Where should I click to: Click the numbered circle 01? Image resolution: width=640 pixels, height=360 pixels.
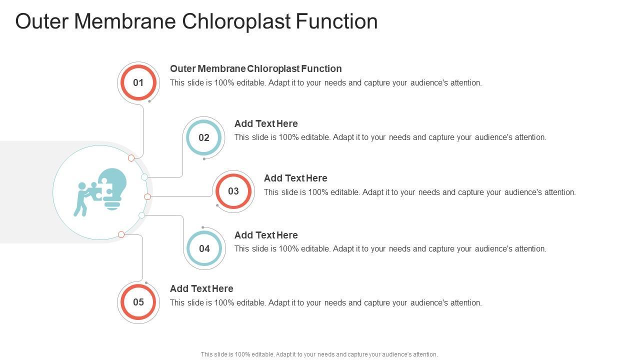[x=138, y=82]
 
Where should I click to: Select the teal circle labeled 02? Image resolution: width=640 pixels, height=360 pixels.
[x=203, y=137]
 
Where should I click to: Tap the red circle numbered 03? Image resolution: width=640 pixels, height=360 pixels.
[x=233, y=191]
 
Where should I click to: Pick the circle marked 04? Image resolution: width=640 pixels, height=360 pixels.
[x=204, y=248]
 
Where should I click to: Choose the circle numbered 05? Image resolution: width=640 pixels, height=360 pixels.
[x=138, y=302]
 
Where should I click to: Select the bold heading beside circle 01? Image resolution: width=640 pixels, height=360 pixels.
[x=255, y=68]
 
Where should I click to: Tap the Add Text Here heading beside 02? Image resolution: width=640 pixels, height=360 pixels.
[x=266, y=123]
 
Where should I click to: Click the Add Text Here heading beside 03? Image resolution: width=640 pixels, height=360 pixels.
[x=295, y=178]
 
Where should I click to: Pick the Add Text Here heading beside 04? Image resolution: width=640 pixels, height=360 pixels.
[x=266, y=235]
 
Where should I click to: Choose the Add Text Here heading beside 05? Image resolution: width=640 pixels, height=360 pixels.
[x=201, y=288]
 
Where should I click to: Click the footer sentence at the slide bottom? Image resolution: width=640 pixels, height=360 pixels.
[x=319, y=354]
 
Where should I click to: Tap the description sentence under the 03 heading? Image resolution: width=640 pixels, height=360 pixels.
[x=419, y=192]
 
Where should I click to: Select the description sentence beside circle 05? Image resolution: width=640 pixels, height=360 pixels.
[x=325, y=302]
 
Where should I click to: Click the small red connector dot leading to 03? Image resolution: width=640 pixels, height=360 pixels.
[x=147, y=197]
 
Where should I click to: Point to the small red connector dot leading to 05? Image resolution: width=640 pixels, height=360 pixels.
[x=121, y=234]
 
